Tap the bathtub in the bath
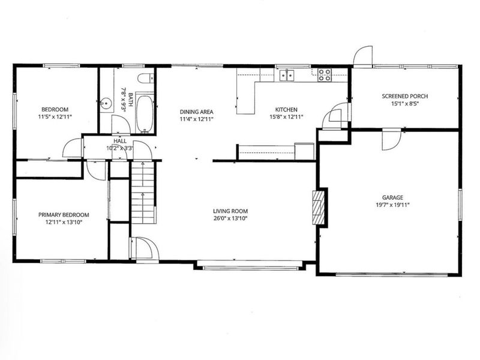(145, 112)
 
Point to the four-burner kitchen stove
(325, 75)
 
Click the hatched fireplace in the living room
(320, 208)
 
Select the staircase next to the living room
(143, 192)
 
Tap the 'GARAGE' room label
(392, 197)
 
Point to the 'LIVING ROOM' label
(230, 211)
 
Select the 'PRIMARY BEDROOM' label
(64, 215)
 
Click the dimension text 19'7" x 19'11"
(392, 205)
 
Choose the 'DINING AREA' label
(197, 111)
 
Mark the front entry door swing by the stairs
(145, 248)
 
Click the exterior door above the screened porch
(362, 56)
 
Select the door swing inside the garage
(389, 142)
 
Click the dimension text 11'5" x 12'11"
(55, 116)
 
